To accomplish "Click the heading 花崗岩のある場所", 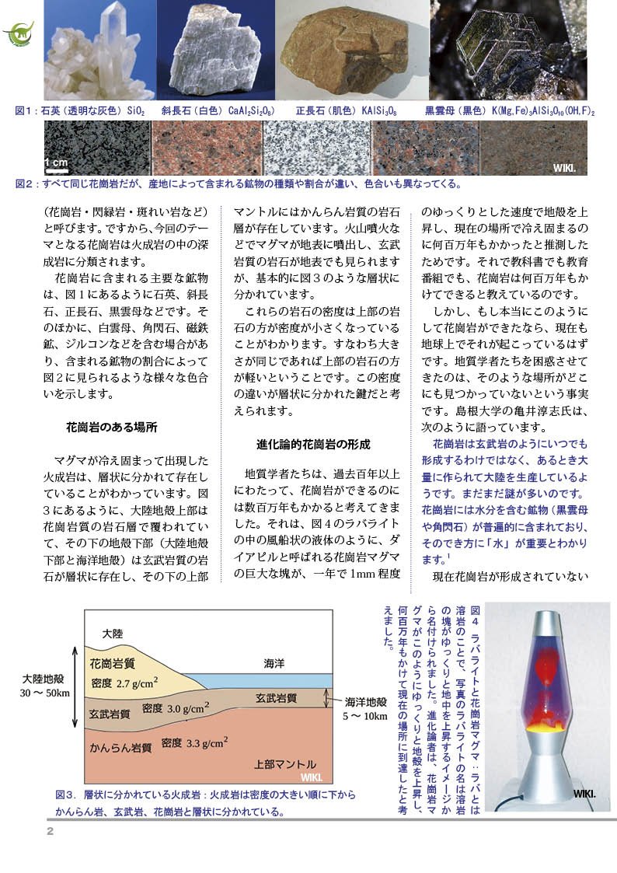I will [112, 427].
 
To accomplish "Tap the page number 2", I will [49, 831].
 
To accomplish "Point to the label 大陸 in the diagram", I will [113, 634].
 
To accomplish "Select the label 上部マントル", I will [285, 763].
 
